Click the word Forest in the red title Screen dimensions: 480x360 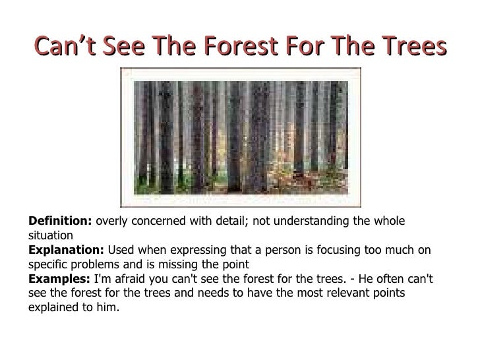click(241, 46)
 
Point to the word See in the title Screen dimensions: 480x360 click(124, 46)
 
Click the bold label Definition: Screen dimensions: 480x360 click(60, 221)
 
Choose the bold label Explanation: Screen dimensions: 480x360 click(67, 250)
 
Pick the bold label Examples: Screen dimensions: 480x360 click(59, 279)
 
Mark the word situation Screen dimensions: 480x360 click(51, 235)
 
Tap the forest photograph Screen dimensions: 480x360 click(241, 137)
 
